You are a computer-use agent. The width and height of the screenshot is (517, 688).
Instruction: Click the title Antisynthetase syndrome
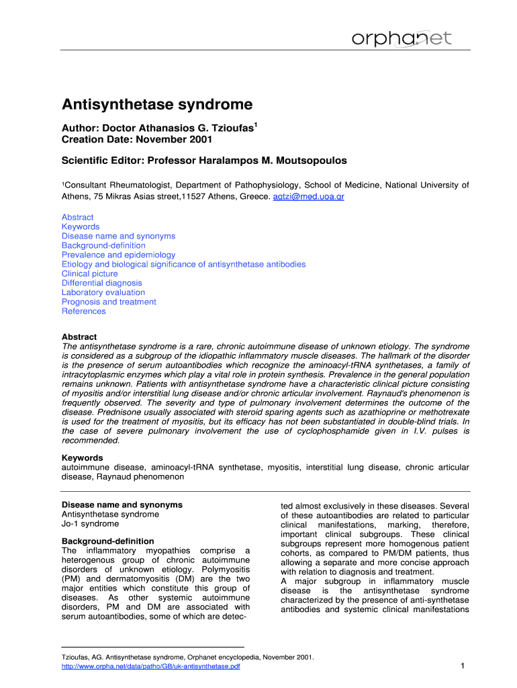point(157,105)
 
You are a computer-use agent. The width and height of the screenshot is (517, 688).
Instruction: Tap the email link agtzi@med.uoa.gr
point(309,197)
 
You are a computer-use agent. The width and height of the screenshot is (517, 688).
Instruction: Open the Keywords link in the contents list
point(81,226)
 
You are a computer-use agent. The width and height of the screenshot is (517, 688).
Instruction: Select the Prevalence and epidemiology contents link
point(118,255)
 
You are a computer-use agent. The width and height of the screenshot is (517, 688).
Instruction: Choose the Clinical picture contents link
point(89,273)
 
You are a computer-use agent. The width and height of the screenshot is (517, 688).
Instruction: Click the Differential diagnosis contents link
point(102,283)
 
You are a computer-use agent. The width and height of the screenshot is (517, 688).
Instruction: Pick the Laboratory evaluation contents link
point(103,292)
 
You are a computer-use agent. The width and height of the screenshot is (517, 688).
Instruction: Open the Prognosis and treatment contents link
point(109,302)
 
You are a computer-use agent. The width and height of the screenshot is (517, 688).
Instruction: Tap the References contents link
point(84,311)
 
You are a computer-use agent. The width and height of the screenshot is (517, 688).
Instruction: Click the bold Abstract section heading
point(79,337)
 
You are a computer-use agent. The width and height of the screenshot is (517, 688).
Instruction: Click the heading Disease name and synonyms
point(122,505)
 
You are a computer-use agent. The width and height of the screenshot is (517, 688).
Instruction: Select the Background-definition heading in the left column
point(108,541)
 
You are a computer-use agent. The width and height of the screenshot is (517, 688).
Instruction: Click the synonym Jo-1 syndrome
point(90,523)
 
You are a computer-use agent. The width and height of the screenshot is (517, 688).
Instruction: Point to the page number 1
point(463,666)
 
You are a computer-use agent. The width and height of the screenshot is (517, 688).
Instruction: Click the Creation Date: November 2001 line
point(137,139)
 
